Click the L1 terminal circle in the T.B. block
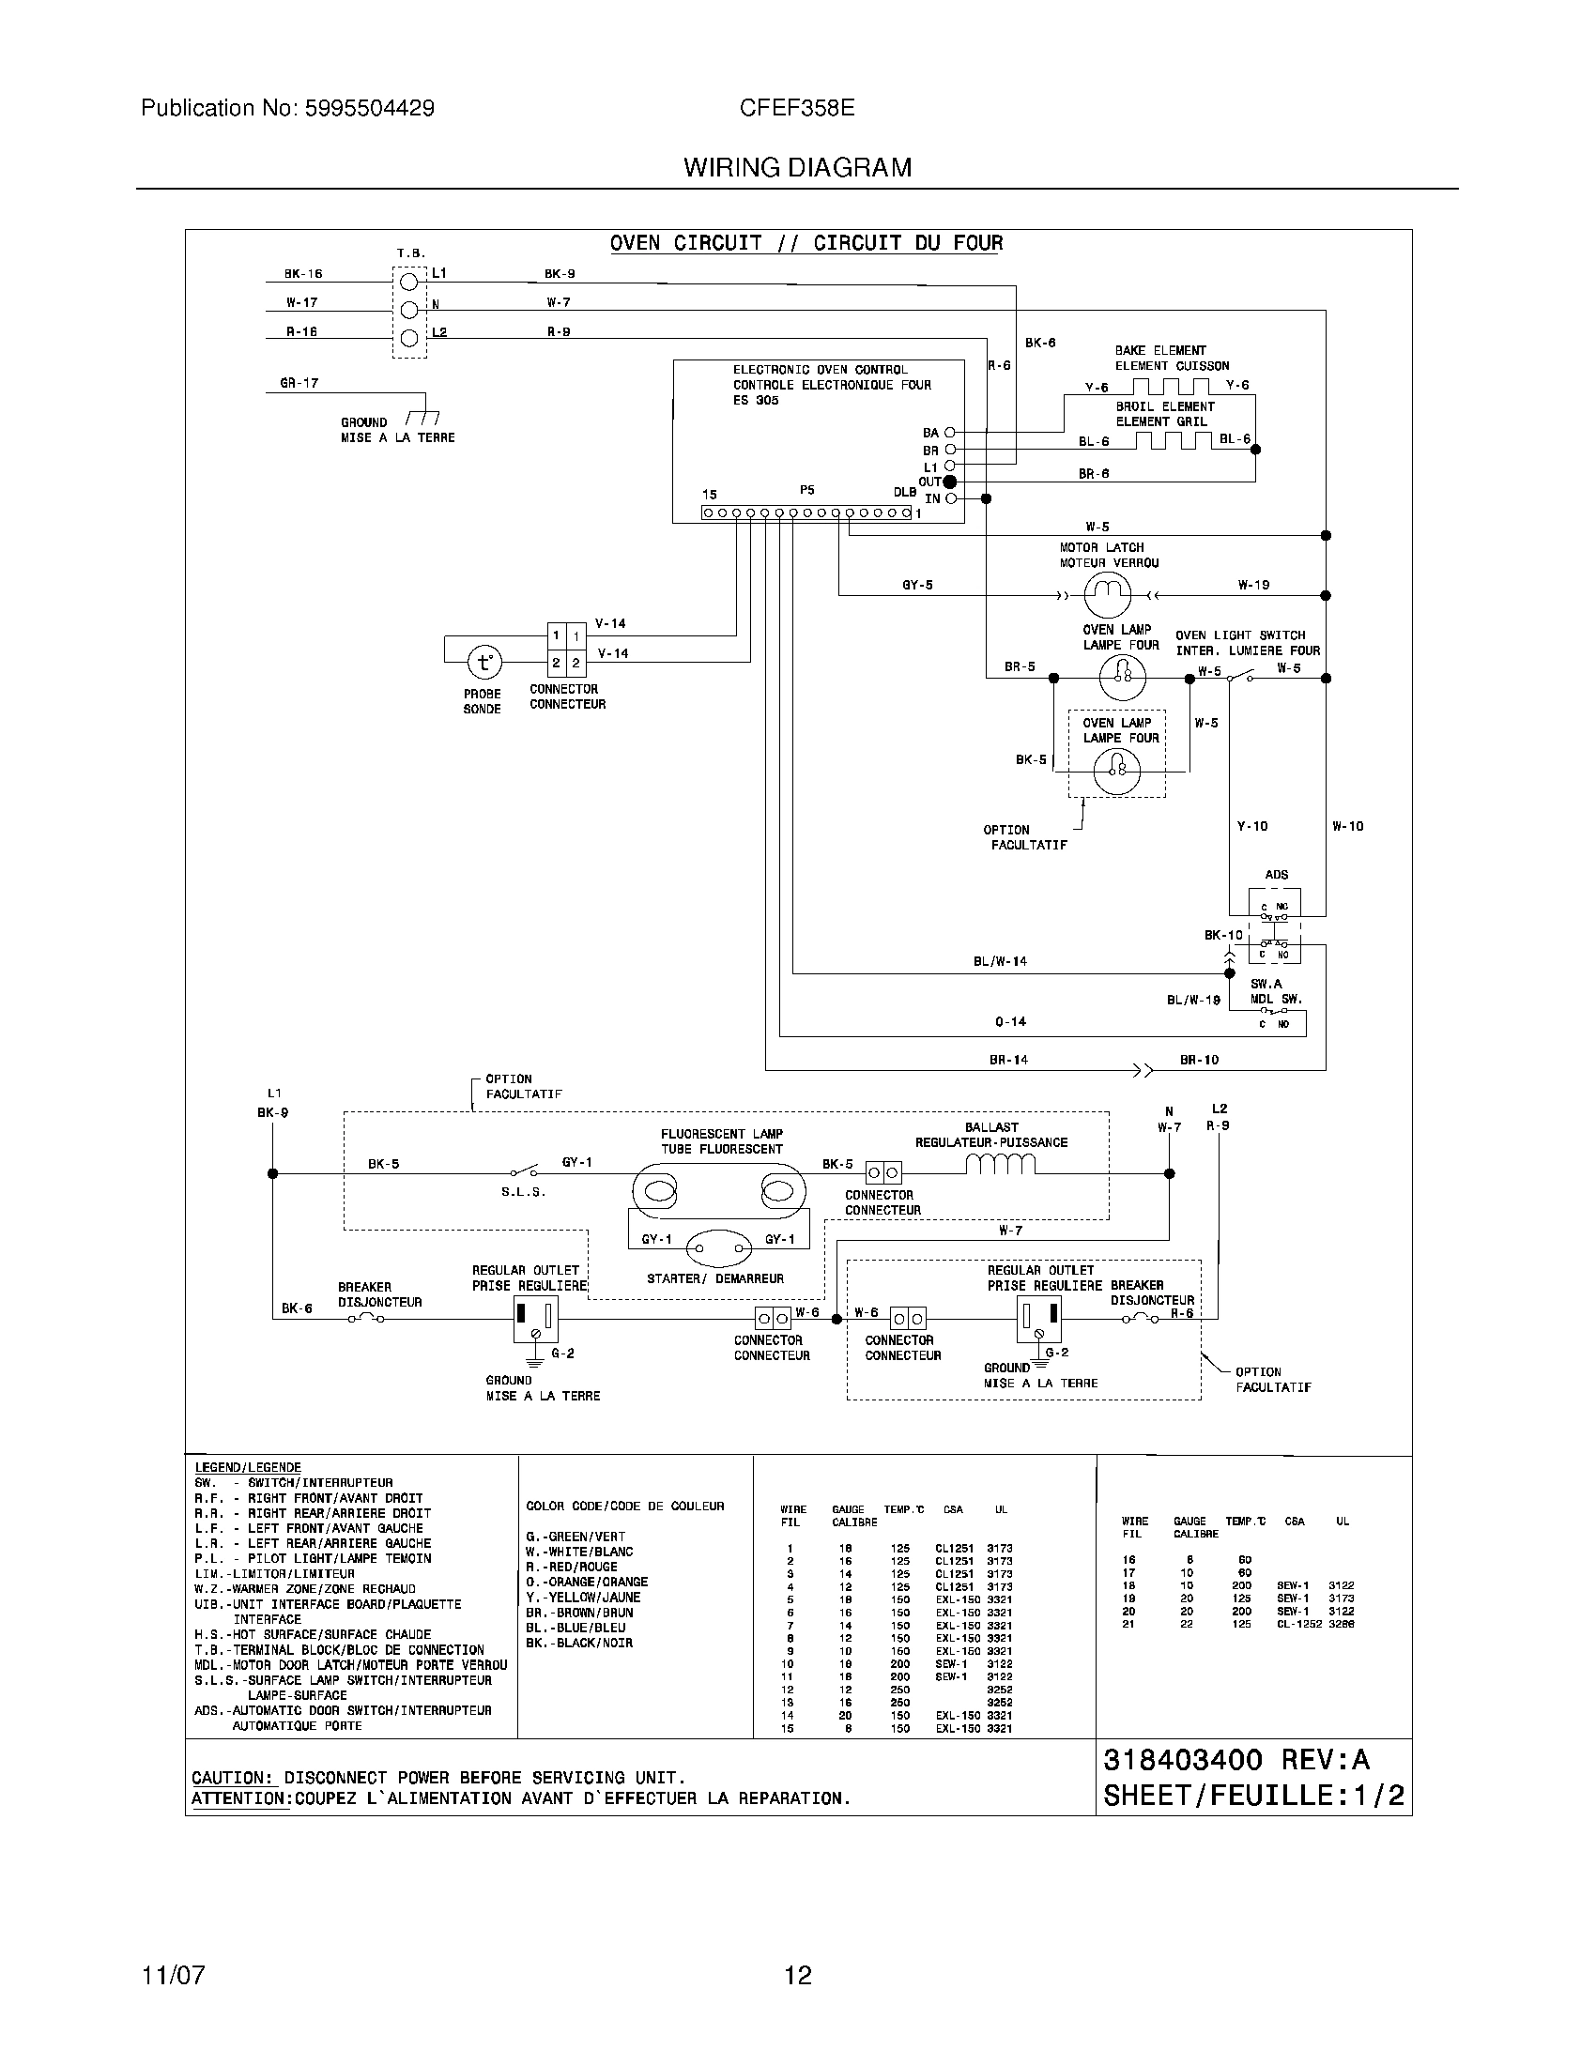[409, 281]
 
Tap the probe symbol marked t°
[483, 662]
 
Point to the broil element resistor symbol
[1173, 440]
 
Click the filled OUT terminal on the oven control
[950, 482]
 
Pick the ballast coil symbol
[1001, 1164]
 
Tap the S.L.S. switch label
[524, 1192]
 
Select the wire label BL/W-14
[1001, 961]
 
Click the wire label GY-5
[917, 586]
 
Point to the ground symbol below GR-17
[422, 418]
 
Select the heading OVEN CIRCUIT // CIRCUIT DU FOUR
[806, 243]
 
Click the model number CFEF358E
[797, 108]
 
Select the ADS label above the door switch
[1277, 875]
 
